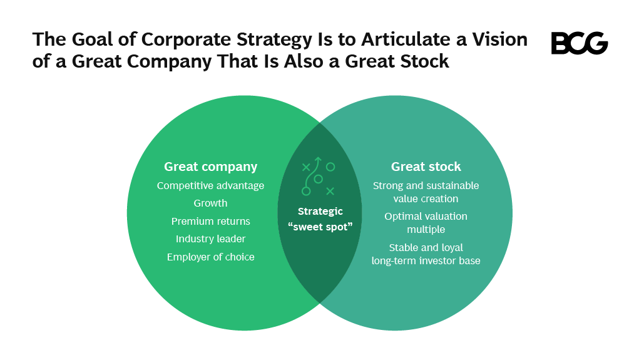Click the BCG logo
[x=579, y=43]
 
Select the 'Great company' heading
[x=210, y=167]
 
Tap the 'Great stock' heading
[x=426, y=167]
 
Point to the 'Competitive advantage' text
[x=210, y=186]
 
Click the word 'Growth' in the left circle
[x=210, y=203]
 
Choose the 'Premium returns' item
[x=210, y=222]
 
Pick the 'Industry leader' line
[x=210, y=239]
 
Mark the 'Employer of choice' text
[x=210, y=257]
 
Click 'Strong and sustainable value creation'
[x=426, y=192]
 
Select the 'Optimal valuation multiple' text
[x=426, y=223]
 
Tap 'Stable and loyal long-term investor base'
[x=426, y=254]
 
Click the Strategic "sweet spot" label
[x=320, y=219]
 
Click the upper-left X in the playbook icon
[x=306, y=167]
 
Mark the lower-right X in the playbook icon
[x=330, y=191]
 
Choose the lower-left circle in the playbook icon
[x=306, y=191]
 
